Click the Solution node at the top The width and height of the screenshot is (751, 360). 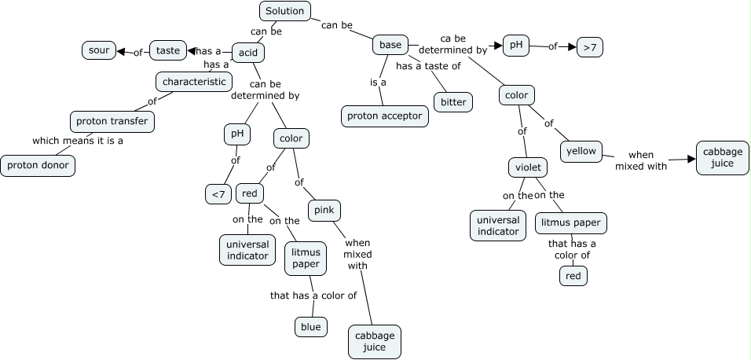click(284, 11)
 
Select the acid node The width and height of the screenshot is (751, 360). click(248, 53)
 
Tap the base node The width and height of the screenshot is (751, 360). click(390, 45)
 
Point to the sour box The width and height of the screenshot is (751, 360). click(99, 50)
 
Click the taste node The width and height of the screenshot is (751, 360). click(168, 50)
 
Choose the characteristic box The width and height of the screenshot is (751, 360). click(194, 81)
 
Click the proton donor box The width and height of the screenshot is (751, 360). click(38, 165)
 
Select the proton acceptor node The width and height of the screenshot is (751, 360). click(385, 116)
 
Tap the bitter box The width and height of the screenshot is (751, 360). click(453, 102)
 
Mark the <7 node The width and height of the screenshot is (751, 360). click(218, 194)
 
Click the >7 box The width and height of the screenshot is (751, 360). click(590, 48)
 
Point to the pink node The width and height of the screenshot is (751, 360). click(324, 210)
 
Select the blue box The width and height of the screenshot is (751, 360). click(310, 327)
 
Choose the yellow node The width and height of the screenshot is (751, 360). click(581, 152)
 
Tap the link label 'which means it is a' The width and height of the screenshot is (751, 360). click(78, 141)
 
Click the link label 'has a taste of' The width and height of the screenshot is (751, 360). click(428, 66)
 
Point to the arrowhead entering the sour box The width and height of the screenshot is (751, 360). click(122, 51)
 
